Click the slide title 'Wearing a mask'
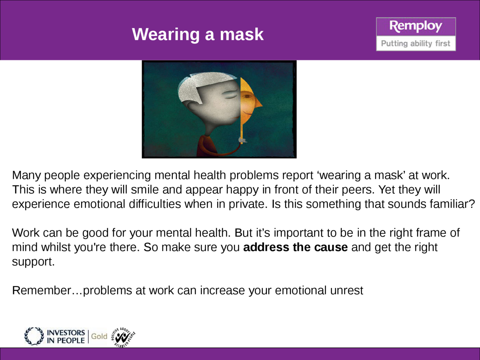pos(198,34)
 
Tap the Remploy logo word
pos(416,27)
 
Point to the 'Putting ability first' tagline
pos(416,43)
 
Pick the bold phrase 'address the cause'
pos(296,247)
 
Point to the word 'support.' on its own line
pos(33,262)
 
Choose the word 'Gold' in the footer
pos(99,336)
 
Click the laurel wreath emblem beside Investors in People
pos(34,336)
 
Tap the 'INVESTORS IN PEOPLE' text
pos(66,336)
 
